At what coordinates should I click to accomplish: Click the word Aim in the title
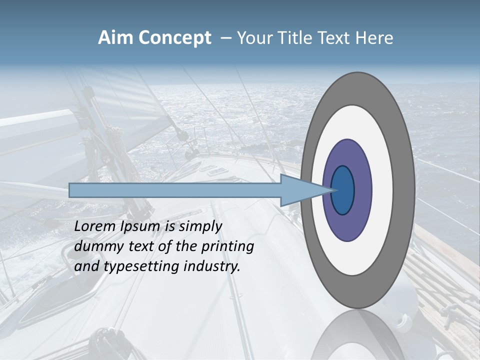pos(114,38)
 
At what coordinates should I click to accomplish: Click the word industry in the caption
pos(212,266)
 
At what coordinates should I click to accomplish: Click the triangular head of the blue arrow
pos(300,190)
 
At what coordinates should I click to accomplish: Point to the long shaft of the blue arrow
pos(175,190)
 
